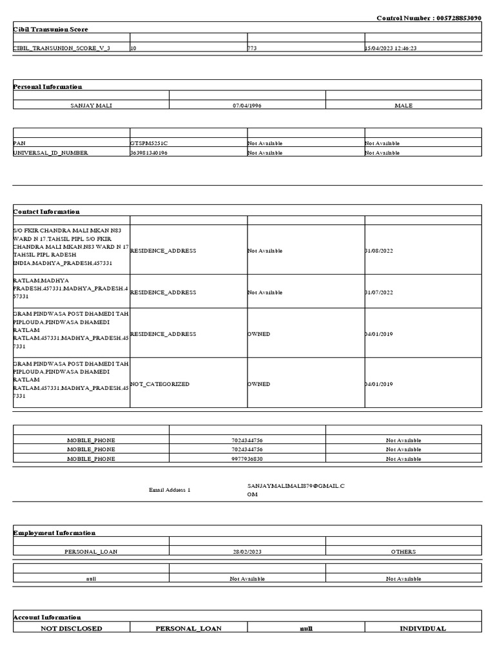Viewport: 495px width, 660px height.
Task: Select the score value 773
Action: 253,48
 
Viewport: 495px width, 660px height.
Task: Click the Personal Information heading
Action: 48,86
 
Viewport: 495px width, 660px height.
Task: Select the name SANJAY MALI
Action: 91,105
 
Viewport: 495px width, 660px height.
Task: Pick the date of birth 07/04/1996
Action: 247,105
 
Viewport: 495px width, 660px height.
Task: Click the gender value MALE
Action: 403,105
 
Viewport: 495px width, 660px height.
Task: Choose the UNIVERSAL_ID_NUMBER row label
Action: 51,153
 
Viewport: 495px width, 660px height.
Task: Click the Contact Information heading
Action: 46,211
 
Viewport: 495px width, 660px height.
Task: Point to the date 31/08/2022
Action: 378,251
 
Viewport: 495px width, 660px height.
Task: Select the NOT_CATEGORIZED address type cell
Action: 160,384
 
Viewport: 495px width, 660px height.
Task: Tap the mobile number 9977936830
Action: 247,459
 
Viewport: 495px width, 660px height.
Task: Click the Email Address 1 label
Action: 170,490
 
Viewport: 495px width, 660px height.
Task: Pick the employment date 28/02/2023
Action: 247,552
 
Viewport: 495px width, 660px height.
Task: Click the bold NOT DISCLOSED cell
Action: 71,628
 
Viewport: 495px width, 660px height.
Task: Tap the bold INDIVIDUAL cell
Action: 423,628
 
